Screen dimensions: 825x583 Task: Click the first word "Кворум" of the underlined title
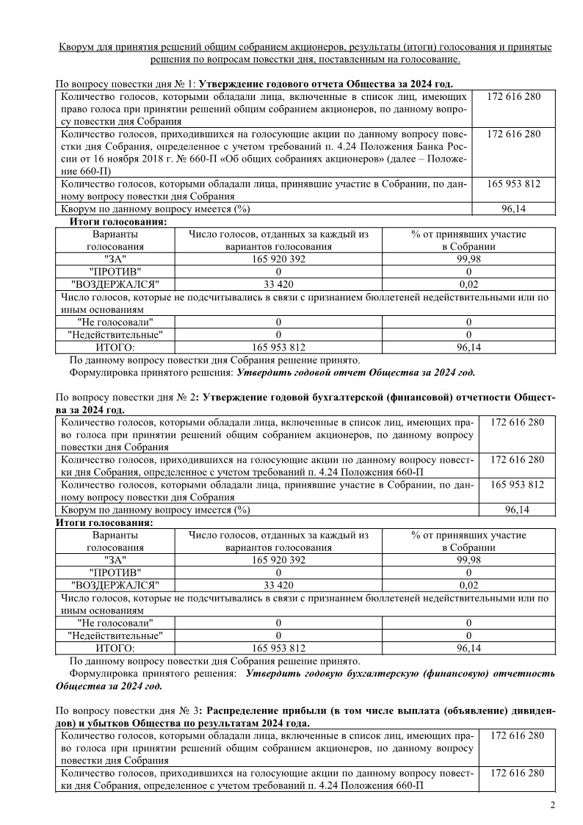(79, 47)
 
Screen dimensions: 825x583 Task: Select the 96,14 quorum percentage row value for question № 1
(516, 209)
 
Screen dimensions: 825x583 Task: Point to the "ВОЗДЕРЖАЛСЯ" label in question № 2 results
(115, 585)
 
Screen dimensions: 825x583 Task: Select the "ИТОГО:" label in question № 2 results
(115, 648)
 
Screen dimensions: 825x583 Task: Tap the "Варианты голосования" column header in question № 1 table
(114, 240)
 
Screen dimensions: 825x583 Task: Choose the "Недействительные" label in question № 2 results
(115, 635)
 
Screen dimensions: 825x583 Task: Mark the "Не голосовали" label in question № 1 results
(115, 322)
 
